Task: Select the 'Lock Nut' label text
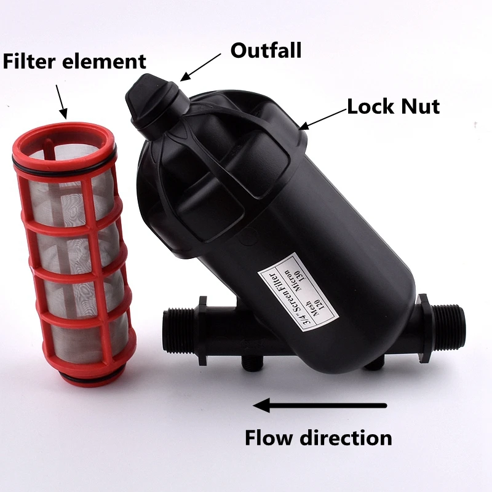[x=394, y=106]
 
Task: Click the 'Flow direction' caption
[x=319, y=438]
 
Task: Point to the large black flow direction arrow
[x=320, y=405]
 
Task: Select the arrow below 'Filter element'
[x=61, y=101]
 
